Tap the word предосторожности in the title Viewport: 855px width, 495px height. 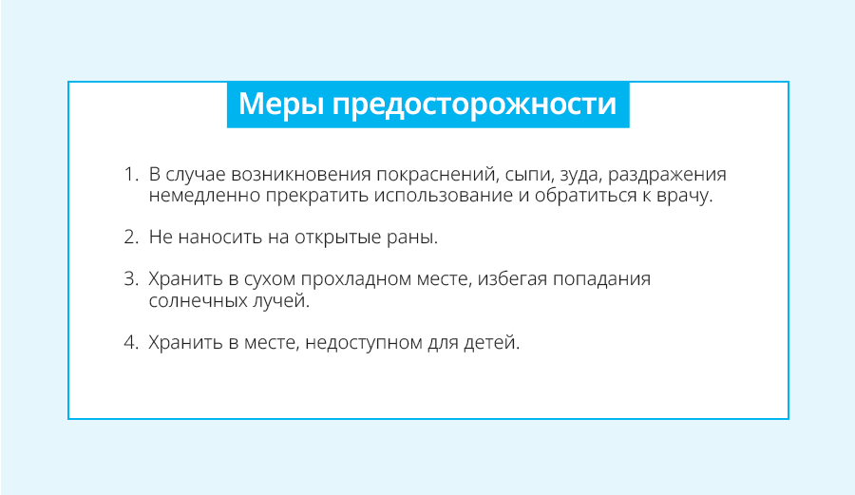pyautogui.click(x=474, y=105)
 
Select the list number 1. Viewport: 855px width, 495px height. pyautogui.click(x=131, y=175)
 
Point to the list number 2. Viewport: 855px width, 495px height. pyautogui.click(x=131, y=238)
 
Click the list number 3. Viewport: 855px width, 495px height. pyautogui.click(x=131, y=278)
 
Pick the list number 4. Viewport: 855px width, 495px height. pyautogui.click(x=131, y=342)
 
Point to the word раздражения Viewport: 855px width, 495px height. pyautogui.click(x=667, y=176)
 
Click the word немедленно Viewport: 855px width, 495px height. pyautogui.click(x=204, y=196)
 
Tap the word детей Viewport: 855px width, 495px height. pyautogui.click(x=492, y=343)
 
